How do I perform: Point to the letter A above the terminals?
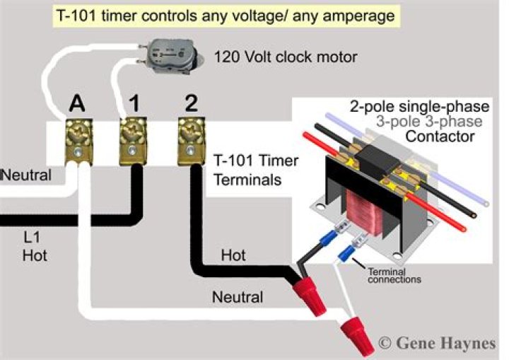click(x=77, y=104)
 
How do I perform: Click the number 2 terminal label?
click(x=191, y=103)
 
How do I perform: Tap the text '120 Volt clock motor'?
click(x=286, y=57)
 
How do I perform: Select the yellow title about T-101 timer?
click(x=226, y=16)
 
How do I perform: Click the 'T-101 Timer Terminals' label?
click(x=256, y=170)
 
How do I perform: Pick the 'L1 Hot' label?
click(x=35, y=247)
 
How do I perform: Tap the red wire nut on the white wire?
click(x=356, y=336)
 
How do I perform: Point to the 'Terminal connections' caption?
click(x=394, y=276)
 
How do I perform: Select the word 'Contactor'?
click(x=440, y=137)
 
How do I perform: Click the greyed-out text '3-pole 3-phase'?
click(x=429, y=122)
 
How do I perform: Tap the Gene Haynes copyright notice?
click(x=438, y=343)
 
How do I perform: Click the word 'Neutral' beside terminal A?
click(x=27, y=175)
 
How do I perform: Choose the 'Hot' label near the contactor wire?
click(x=233, y=255)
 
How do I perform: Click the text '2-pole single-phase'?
click(x=419, y=107)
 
